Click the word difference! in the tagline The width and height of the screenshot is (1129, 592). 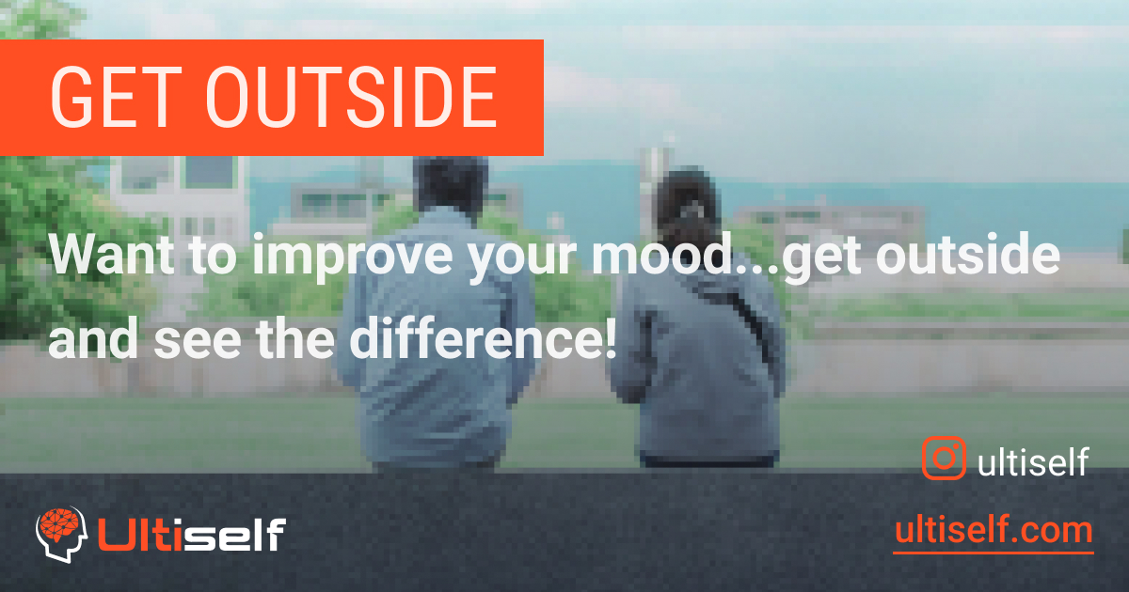click(x=484, y=341)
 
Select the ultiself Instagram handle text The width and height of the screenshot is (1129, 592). click(x=1033, y=461)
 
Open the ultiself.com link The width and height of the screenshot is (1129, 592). click(x=993, y=531)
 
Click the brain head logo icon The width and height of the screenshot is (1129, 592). click(x=60, y=535)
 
